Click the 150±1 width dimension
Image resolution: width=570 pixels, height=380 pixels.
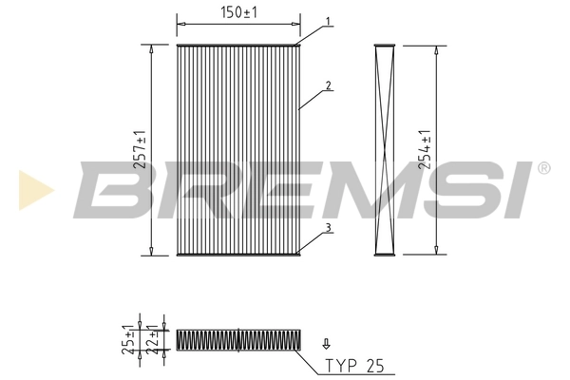[x=238, y=11]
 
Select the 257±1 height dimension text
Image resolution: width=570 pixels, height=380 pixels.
[x=141, y=149]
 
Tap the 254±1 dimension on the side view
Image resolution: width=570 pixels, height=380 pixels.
[x=427, y=149]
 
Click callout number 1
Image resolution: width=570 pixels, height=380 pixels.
[x=328, y=21]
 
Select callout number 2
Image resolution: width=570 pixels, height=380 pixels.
[x=328, y=85]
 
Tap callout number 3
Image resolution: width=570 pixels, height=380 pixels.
[x=328, y=227]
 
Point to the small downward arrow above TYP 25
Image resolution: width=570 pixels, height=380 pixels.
[x=327, y=343]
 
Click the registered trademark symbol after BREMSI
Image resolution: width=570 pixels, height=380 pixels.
[x=543, y=168]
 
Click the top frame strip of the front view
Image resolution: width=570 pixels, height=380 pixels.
[x=238, y=45]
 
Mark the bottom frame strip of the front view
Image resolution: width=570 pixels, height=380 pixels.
[x=238, y=254]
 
